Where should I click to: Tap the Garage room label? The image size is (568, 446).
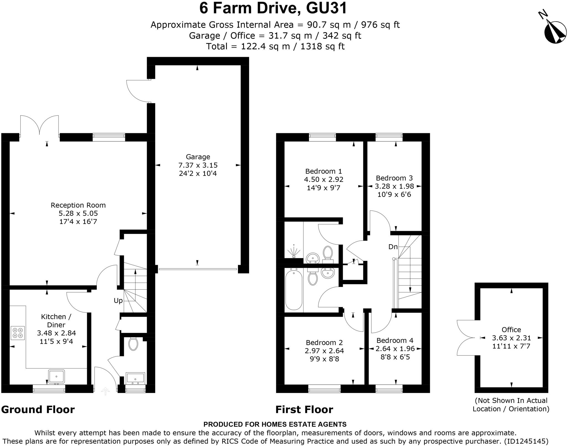pos(198,157)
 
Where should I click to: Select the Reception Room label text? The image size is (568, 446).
pos(78,205)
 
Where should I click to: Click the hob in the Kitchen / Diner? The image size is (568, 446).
pos(18,333)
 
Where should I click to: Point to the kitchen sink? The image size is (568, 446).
pos(56,376)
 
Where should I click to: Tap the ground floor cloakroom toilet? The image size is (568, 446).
pos(133,344)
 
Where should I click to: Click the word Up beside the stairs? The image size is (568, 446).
pos(118,301)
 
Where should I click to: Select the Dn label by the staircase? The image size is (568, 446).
pos(393,247)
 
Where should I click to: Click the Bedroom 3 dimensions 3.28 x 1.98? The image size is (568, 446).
pos(394,186)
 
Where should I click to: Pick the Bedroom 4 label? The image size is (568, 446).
pos(395,340)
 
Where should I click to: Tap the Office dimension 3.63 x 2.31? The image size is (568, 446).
pos(511,338)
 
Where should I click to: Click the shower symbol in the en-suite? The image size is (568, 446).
pos(294,251)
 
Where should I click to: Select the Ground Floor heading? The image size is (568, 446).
pos(38,409)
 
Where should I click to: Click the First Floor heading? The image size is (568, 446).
pos(304,409)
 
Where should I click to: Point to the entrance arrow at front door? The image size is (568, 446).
pos(105,391)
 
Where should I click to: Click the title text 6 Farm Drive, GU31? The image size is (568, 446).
pos(273,8)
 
